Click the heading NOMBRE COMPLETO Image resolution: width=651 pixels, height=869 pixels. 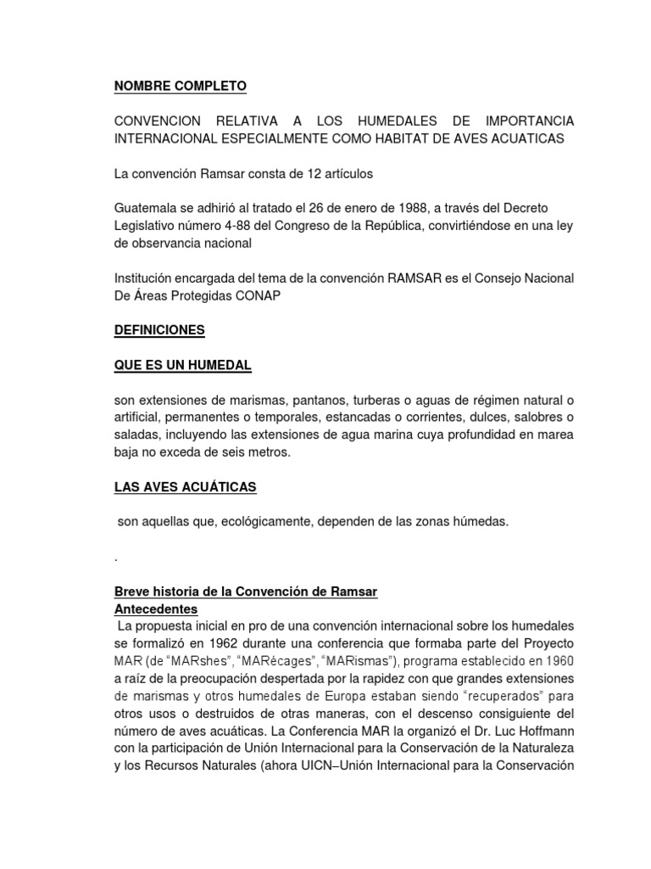pos(181,87)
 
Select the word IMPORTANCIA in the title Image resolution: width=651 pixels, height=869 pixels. pos(524,121)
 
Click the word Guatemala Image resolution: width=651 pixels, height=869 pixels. pos(145,208)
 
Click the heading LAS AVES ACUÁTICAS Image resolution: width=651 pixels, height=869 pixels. pos(186,487)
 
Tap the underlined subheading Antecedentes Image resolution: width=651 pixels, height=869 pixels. pos(156,609)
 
